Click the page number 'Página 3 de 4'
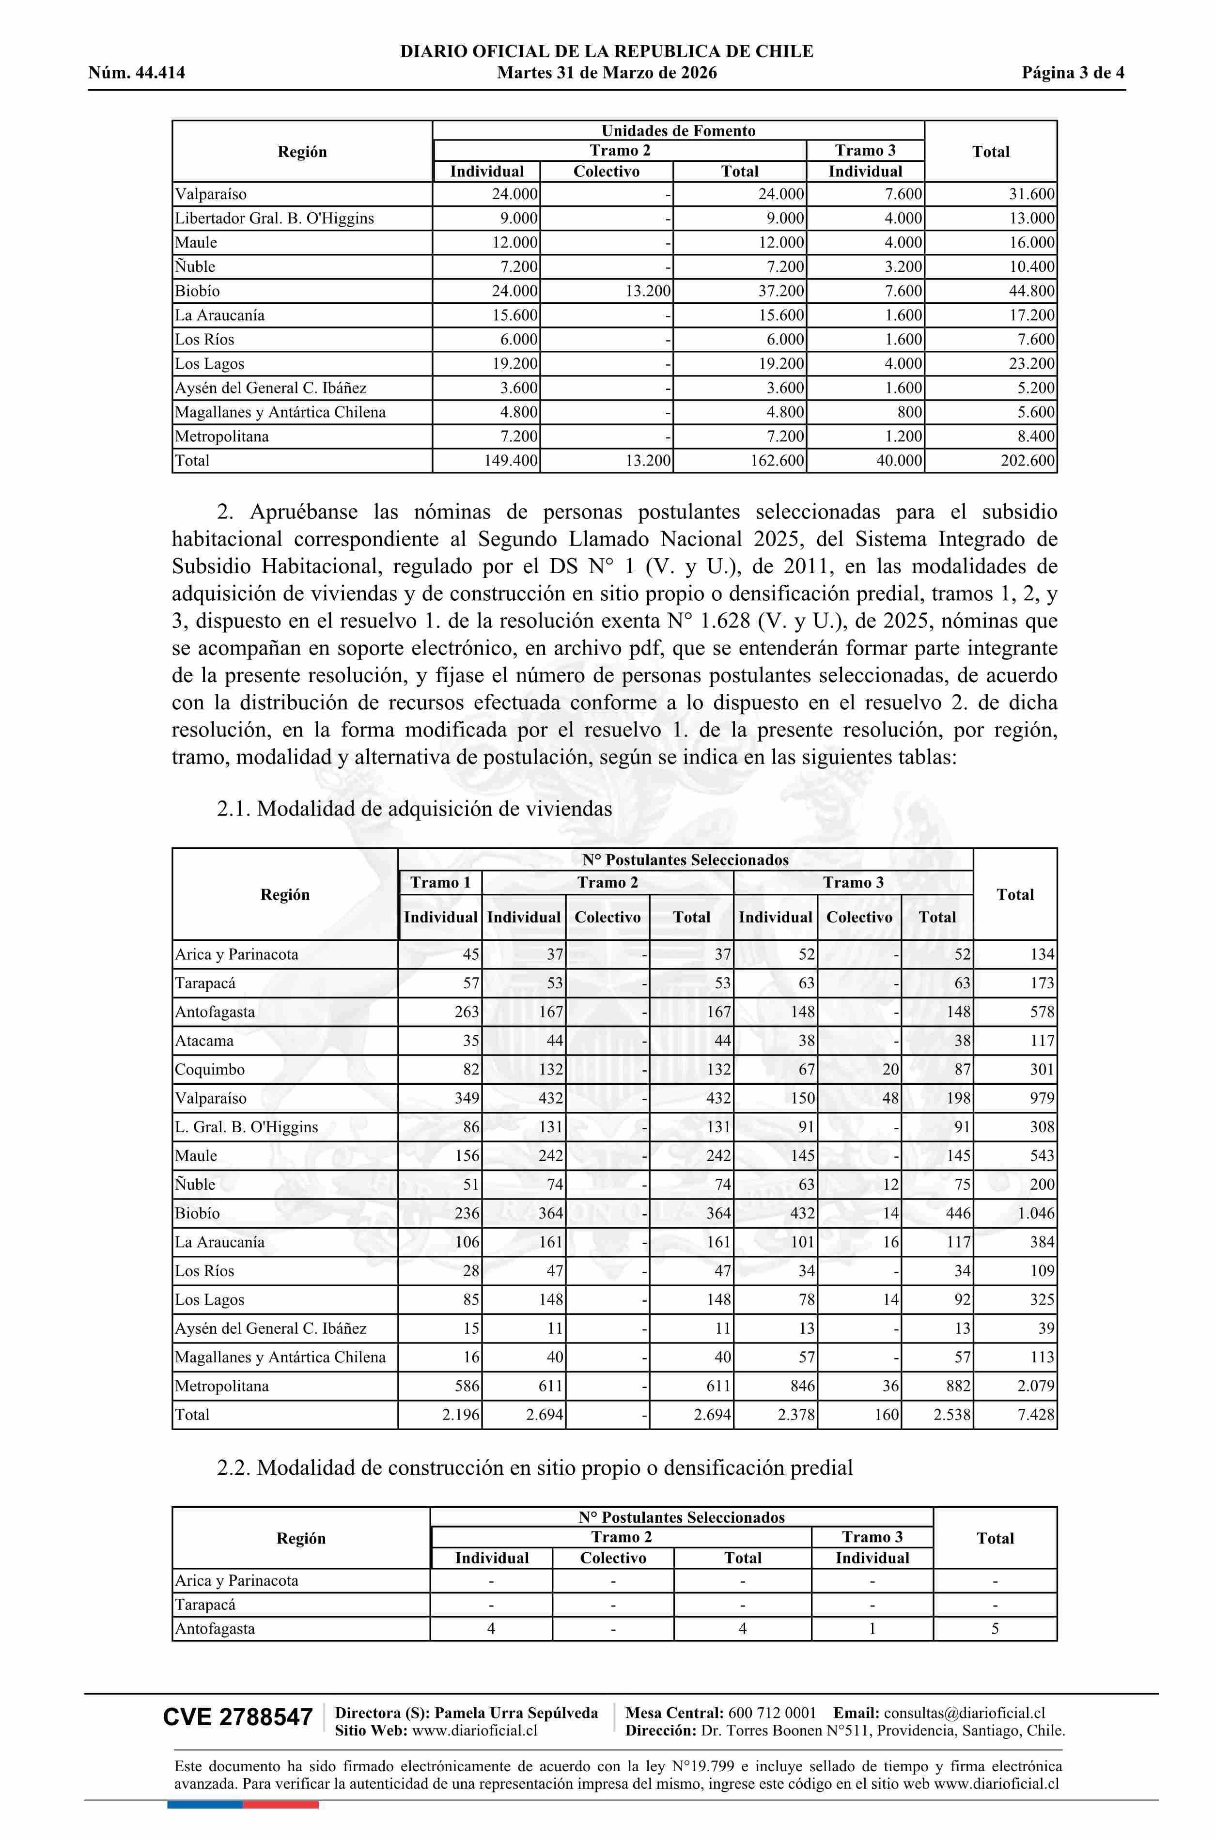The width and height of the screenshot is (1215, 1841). pyautogui.click(x=1073, y=74)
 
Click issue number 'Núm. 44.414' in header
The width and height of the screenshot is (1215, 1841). pyautogui.click(x=137, y=74)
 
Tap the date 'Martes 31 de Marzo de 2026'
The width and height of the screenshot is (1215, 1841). pyautogui.click(x=607, y=74)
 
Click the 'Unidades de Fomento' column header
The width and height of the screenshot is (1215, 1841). pyautogui.click(x=678, y=131)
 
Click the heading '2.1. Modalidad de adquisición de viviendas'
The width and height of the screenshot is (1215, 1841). pyautogui.click(x=415, y=809)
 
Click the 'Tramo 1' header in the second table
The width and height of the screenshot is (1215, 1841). pyautogui.click(x=440, y=883)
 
